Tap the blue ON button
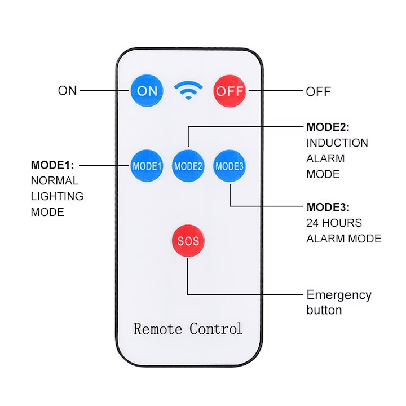coord(147,90)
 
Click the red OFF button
coord(230,91)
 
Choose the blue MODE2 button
coord(188,166)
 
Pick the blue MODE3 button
coord(230,166)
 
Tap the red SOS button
coord(188,241)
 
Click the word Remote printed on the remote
coord(157,328)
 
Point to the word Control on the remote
coord(216,328)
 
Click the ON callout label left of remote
coord(67,90)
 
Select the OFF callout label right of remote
coord(318,91)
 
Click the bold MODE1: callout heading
coord(52,165)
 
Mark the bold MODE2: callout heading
coord(328,127)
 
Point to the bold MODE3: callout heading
coord(328,206)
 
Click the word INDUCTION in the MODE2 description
coord(337,143)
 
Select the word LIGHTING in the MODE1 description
coord(57,196)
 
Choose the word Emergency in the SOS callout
coord(339,295)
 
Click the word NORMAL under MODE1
coord(54,181)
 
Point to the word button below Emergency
coord(324,310)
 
